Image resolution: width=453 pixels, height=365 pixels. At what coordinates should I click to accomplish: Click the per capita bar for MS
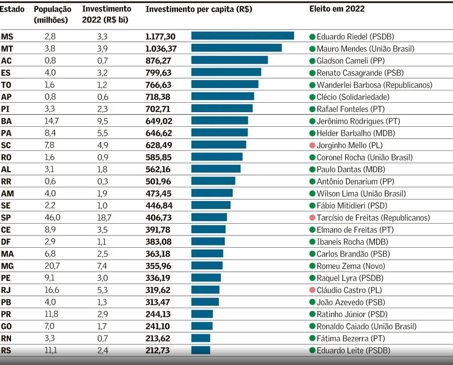243,36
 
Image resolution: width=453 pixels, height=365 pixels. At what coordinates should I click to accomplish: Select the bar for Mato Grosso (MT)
236,48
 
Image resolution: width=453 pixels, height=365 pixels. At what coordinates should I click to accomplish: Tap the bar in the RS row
201,350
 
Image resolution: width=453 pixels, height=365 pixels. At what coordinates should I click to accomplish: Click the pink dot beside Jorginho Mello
312,145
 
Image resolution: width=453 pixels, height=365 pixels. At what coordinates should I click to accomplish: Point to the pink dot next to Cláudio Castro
312,290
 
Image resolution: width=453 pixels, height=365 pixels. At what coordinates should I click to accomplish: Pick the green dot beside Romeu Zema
312,266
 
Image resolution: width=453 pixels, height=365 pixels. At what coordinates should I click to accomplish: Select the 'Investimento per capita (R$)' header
199,9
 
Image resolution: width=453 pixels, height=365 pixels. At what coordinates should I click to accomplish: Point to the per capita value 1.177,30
161,36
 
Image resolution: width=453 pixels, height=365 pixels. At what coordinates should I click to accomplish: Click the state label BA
6,121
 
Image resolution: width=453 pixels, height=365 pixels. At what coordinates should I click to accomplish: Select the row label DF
6,241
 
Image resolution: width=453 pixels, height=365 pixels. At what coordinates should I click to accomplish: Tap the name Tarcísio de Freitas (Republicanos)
373,218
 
